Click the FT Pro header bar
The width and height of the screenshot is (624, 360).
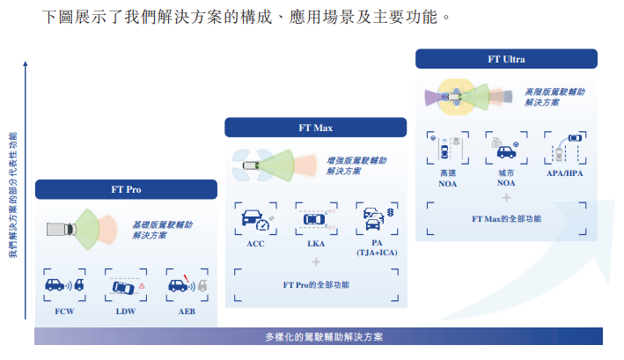[126, 189]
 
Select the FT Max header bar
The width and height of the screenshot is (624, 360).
[315, 128]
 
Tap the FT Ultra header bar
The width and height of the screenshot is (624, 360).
[506, 59]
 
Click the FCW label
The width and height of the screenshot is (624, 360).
[64, 312]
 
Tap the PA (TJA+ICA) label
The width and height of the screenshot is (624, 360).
[376, 247]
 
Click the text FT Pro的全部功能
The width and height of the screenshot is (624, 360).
[316, 285]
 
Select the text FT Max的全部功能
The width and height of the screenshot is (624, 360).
[506, 218]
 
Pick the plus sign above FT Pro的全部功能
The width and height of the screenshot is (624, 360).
[316, 261]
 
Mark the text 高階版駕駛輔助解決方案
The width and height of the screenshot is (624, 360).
[554, 96]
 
